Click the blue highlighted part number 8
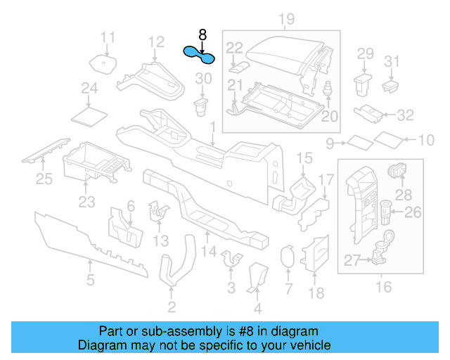199,53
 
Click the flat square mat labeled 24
89,113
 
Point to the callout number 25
44,180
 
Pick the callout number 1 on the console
212,124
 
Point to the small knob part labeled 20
327,89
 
